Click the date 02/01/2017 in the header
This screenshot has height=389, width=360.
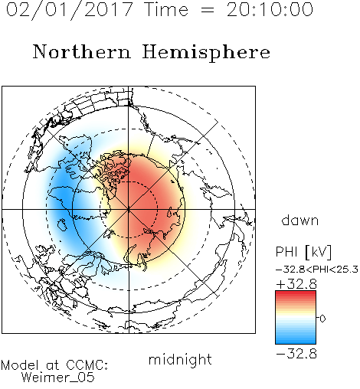(70, 10)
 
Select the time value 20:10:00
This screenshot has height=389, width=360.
(270, 9)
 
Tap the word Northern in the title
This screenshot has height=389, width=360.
(82, 51)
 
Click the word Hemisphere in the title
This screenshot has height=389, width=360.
(206, 53)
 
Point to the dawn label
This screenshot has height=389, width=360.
(300, 221)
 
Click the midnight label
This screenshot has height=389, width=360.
(180, 359)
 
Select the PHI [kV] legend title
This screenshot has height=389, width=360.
(303, 252)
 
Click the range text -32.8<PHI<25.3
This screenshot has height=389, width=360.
(317, 270)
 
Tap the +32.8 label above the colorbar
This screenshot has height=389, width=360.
(296, 284)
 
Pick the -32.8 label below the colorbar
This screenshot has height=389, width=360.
(296, 354)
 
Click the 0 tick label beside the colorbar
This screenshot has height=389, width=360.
(322, 319)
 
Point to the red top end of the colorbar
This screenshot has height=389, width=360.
(296, 293)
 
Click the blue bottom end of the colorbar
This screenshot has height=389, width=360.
(296, 342)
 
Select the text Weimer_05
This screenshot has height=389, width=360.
(58, 378)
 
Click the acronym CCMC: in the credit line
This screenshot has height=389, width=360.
(87, 365)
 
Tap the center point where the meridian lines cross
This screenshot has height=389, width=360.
(129, 209)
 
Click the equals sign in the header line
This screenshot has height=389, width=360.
(208, 10)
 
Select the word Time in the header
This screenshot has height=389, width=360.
(166, 9)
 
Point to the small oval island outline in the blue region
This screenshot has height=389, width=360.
(62, 225)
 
